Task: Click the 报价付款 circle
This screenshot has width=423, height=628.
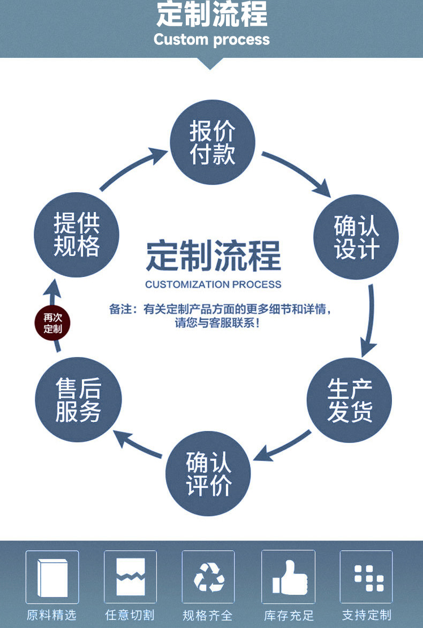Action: tap(213, 142)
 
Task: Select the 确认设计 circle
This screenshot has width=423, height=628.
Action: tap(356, 237)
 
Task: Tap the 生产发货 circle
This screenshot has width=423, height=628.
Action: tap(349, 400)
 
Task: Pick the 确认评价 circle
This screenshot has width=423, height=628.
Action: tap(208, 473)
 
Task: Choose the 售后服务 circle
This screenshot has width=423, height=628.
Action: tap(79, 400)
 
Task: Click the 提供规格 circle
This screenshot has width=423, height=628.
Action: tap(77, 234)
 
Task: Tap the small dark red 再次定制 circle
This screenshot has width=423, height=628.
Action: tap(52, 323)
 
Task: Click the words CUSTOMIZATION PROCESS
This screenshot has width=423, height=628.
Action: tap(213, 284)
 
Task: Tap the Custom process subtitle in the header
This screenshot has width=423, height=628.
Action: tap(211, 40)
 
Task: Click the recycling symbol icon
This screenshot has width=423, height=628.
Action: tap(209, 577)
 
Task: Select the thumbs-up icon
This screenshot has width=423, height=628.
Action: tap(289, 578)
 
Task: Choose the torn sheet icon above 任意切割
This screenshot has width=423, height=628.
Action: tap(131, 577)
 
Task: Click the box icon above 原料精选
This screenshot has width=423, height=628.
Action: tap(52, 577)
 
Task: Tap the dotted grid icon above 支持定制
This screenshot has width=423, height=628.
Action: tap(369, 578)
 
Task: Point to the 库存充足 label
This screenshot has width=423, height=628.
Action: tap(289, 615)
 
